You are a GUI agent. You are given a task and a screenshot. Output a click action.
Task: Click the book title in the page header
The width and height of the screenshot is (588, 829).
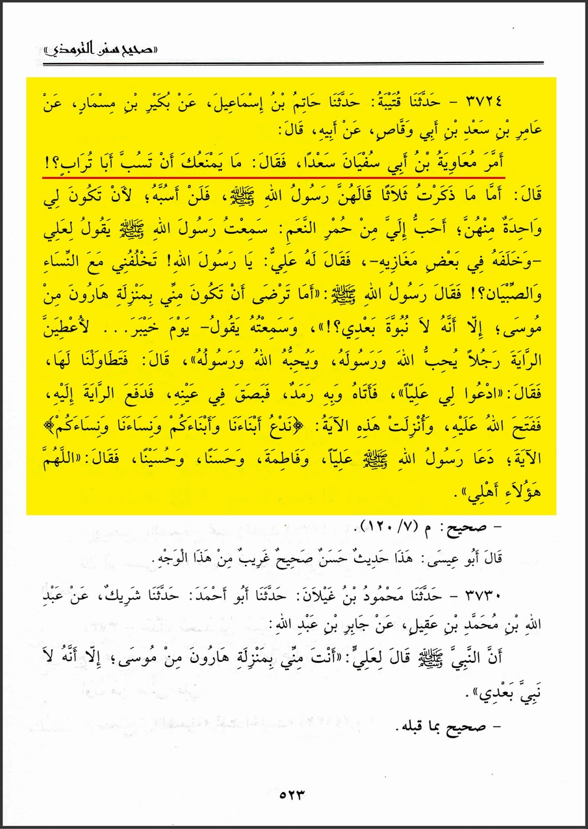101,50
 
